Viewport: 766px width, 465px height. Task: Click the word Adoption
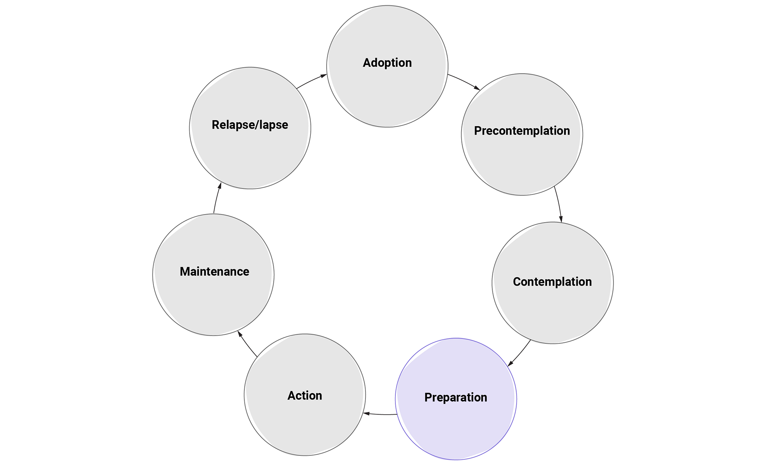(x=387, y=63)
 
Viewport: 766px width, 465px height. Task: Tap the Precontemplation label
(x=521, y=131)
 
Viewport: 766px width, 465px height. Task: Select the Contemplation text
(x=552, y=282)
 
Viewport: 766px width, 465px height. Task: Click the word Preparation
(x=456, y=397)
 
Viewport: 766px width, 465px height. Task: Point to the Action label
(x=305, y=395)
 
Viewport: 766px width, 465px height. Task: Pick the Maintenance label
(x=214, y=272)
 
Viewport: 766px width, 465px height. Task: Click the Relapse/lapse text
(x=250, y=125)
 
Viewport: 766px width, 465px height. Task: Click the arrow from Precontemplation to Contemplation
(x=559, y=204)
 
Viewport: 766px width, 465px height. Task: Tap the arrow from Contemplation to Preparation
(x=519, y=354)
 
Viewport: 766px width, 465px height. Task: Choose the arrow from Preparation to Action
(x=380, y=414)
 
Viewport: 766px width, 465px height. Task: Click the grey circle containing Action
(x=305, y=423)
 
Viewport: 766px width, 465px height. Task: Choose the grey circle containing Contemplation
(x=553, y=312)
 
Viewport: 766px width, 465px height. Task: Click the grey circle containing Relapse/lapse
(x=250, y=156)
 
